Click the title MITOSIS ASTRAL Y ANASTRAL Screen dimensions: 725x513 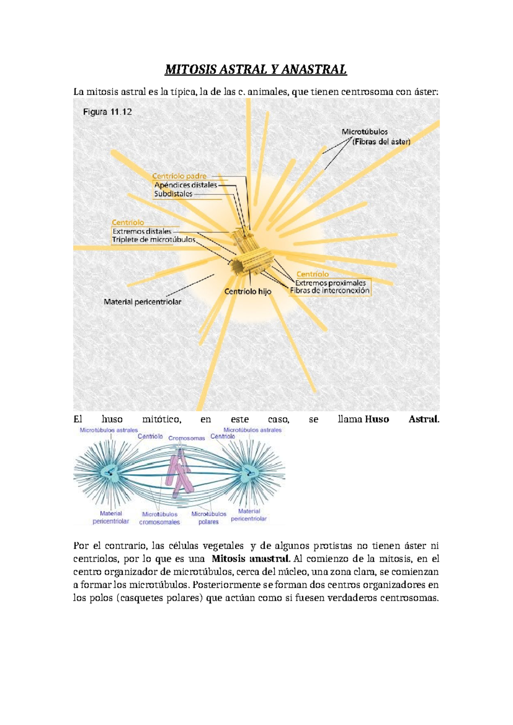click(x=256, y=70)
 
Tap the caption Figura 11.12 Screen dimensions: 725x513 click(x=107, y=112)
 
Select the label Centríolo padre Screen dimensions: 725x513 click(x=180, y=176)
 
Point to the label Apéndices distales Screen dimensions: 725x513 click(x=186, y=185)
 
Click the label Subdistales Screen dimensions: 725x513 click(x=173, y=194)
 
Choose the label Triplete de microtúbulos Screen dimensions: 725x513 click(x=153, y=240)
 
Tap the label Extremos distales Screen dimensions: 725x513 click(x=142, y=231)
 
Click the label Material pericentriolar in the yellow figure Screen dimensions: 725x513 click(x=142, y=302)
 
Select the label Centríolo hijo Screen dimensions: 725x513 click(x=248, y=292)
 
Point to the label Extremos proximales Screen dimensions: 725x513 click(x=330, y=283)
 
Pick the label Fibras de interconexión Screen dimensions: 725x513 click(x=330, y=291)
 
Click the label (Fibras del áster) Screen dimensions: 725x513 click(x=381, y=141)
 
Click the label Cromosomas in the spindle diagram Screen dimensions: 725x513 click(x=186, y=438)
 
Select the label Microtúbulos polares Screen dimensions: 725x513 click(x=209, y=518)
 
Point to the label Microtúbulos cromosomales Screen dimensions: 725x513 click(x=159, y=518)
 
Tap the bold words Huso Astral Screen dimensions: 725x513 click(x=402, y=419)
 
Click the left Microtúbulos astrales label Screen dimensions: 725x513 click(x=109, y=430)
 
